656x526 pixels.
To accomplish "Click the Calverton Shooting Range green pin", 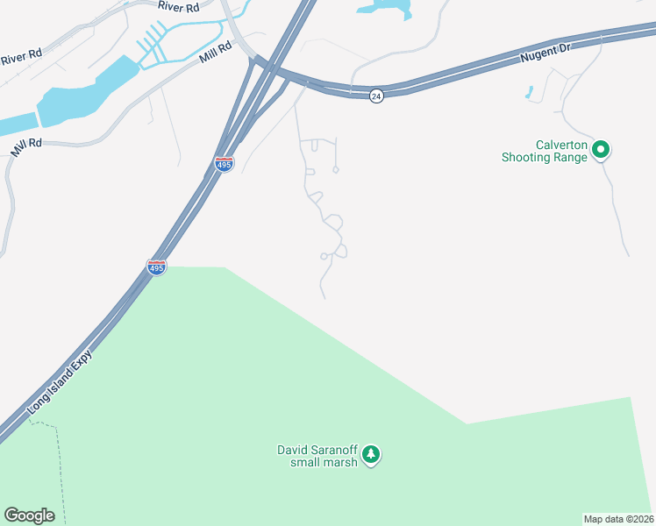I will [x=601, y=150].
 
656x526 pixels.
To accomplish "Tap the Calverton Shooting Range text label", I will [x=543, y=152].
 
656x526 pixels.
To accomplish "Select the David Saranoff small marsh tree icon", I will [x=372, y=454].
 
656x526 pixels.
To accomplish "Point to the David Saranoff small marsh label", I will [x=317, y=456].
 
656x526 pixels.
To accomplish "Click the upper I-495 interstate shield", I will [x=224, y=164].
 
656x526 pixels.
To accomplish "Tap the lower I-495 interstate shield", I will [x=156, y=267].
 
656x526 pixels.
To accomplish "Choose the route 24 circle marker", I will [x=375, y=96].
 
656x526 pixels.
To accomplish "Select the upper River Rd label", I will [x=175, y=5].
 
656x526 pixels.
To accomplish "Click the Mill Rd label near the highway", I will [x=215, y=49].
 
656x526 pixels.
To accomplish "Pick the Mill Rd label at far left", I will [x=25, y=147].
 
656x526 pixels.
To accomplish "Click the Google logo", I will [x=29, y=515].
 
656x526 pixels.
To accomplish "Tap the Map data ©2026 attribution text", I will [x=618, y=518].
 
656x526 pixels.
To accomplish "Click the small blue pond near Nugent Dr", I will [x=529, y=92].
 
